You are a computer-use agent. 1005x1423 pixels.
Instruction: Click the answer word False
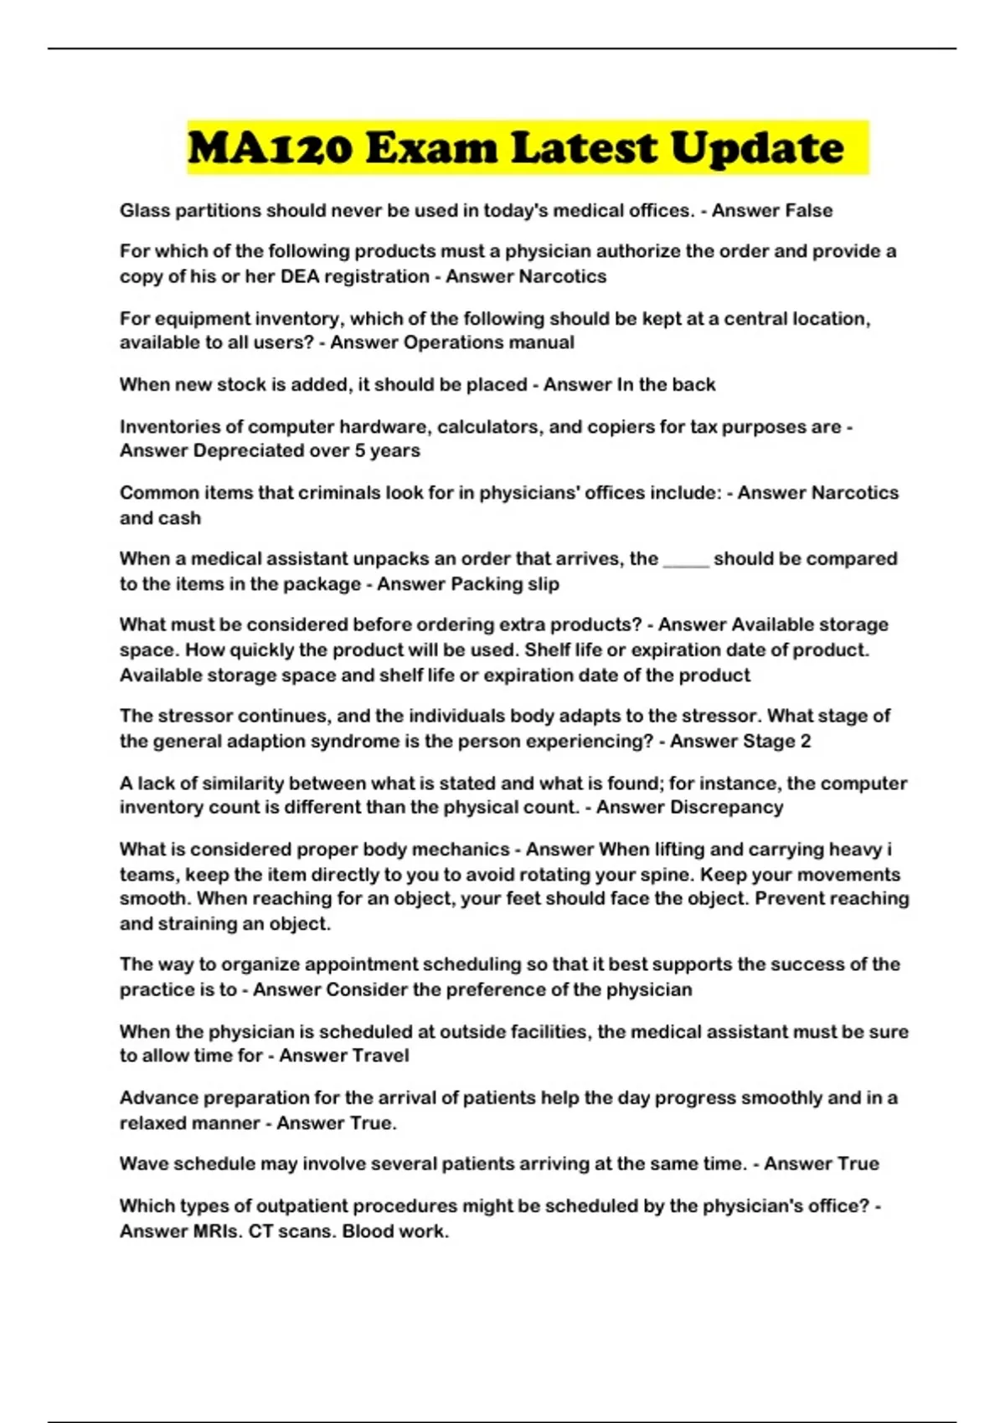pos(801,211)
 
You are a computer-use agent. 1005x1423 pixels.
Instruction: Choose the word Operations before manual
pos(453,343)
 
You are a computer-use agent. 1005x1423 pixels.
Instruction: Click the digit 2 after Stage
pos(806,742)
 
